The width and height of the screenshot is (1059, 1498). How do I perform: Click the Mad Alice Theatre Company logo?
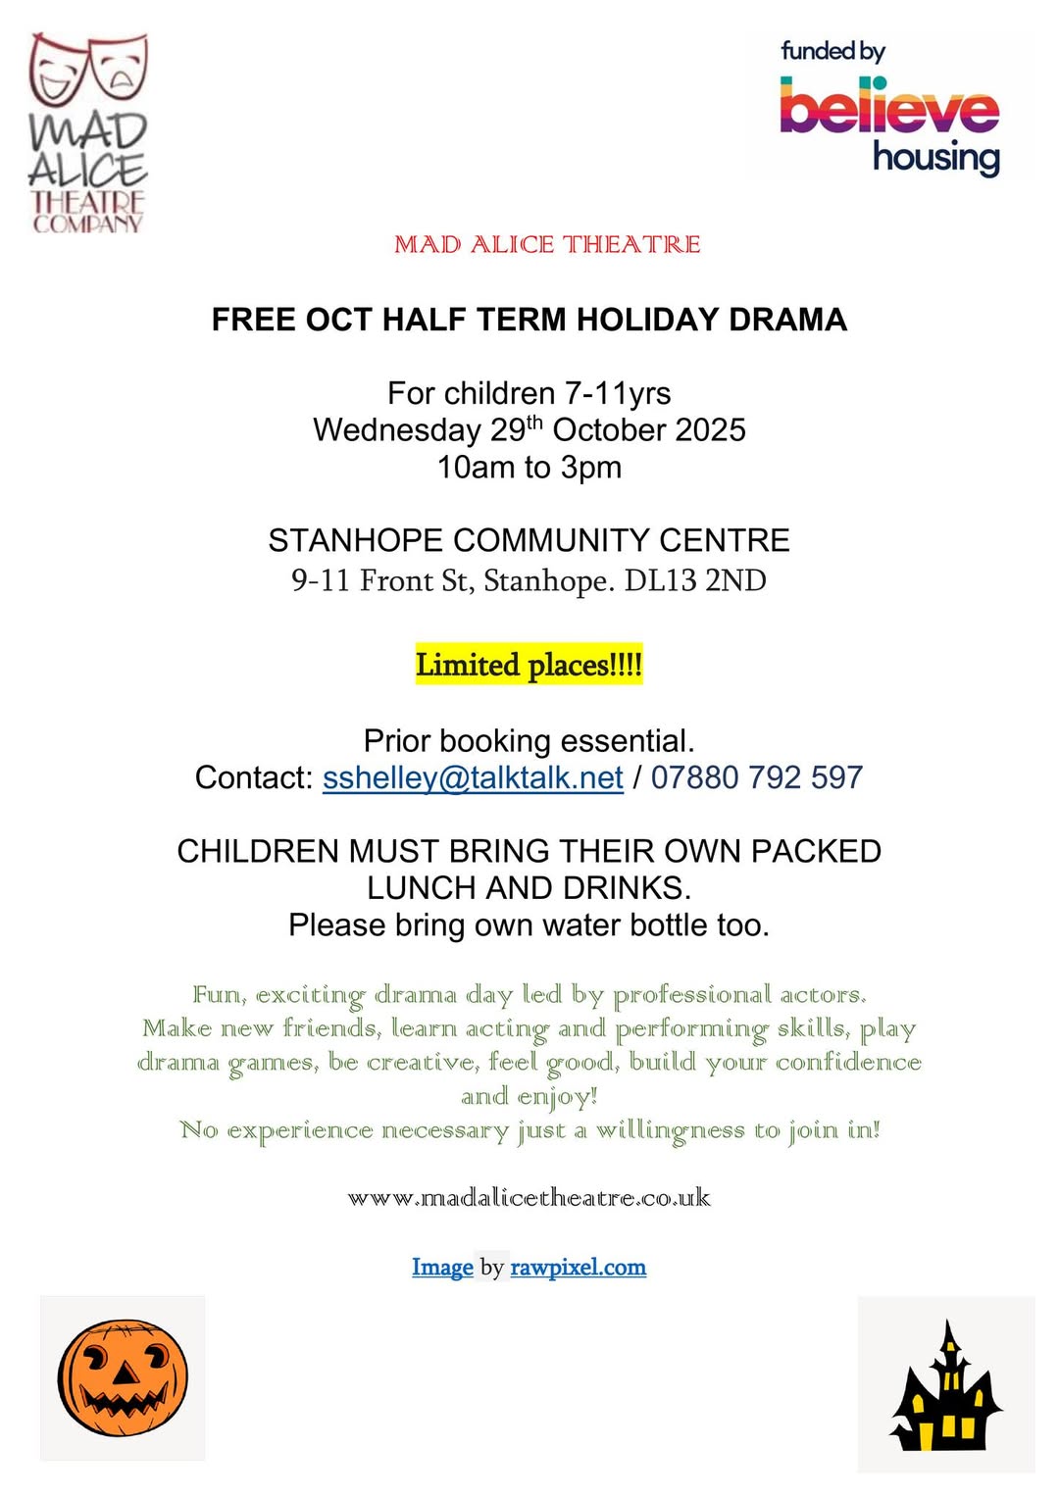point(88,134)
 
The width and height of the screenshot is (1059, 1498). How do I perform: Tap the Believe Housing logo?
point(889,108)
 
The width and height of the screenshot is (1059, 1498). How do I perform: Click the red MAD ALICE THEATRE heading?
point(547,244)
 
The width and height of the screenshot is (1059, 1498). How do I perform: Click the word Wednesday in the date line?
point(397,430)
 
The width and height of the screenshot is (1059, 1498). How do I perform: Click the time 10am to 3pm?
point(529,468)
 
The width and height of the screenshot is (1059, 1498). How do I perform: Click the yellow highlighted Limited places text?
point(529,665)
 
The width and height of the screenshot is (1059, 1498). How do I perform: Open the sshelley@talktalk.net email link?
point(473,777)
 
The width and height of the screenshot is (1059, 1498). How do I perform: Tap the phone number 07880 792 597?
point(756,777)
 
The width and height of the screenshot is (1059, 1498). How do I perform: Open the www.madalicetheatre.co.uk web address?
point(529,1198)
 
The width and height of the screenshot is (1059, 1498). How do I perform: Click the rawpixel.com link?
point(579,1268)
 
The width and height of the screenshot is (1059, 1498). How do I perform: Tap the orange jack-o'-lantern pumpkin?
point(123,1377)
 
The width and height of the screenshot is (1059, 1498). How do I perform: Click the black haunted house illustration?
point(945,1389)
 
